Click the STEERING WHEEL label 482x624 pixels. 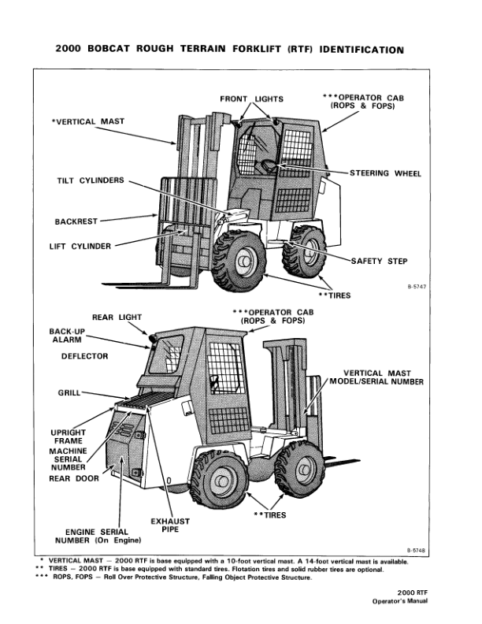tap(386, 173)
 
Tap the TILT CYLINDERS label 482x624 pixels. tap(91, 180)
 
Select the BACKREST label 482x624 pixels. tap(76, 221)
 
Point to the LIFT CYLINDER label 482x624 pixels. tap(80, 245)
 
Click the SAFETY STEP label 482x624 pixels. tap(380, 262)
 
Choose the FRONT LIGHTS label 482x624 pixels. tap(252, 99)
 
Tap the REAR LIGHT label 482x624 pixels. tap(117, 317)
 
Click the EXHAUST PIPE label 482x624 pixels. tap(169, 526)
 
